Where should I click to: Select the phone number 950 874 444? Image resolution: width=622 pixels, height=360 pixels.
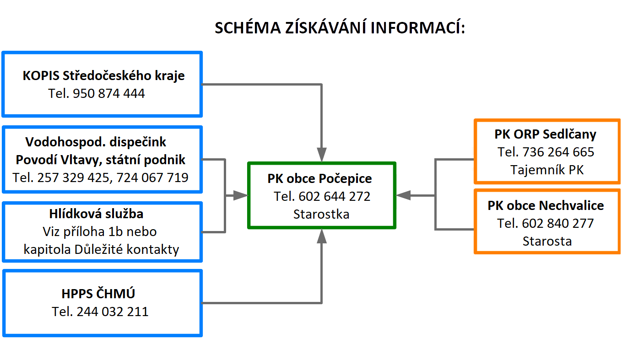(x=108, y=93)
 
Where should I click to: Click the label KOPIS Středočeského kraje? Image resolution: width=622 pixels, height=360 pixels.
(x=103, y=75)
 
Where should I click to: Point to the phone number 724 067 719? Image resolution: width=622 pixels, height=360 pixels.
(x=152, y=177)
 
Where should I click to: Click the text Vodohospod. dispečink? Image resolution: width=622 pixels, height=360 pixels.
(x=96, y=142)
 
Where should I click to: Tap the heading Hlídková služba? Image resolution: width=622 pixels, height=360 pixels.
(x=97, y=214)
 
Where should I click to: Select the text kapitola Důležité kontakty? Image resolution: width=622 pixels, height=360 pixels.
(x=101, y=249)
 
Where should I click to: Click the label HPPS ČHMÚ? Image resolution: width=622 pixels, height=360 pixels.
(x=98, y=294)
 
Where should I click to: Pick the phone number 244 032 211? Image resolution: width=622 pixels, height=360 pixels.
(x=113, y=312)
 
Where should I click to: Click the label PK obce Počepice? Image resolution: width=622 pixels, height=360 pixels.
(x=319, y=178)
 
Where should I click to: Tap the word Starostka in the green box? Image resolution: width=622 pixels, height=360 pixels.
(x=321, y=214)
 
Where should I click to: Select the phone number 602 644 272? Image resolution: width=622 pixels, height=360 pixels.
(x=334, y=197)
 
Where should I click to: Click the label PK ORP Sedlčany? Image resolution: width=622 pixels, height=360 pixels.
(x=546, y=134)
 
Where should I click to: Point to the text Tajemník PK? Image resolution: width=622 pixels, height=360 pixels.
(x=547, y=170)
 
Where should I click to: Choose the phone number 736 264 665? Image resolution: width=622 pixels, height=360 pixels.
(x=558, y=152)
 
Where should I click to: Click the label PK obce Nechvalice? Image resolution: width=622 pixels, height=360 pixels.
(x=546, y=206)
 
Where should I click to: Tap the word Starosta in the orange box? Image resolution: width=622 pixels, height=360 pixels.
(x=547, y=241)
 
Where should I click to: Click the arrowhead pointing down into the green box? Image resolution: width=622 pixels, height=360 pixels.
(x=322, y=155)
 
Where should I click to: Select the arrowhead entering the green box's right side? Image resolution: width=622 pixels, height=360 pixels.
(x=404, y=195)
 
